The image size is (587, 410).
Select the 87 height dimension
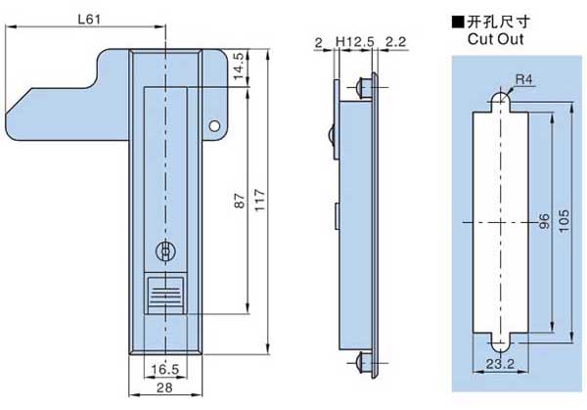[x=238, y=201]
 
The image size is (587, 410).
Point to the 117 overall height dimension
[x=260, y=201]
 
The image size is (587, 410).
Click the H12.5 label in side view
[x=354, y=41]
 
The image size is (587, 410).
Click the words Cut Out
[x=495, y=40]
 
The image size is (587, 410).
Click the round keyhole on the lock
[x=167, y=251]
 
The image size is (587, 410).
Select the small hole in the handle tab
[x=215, y=124]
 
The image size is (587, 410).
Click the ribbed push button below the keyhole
[x=167, y=294]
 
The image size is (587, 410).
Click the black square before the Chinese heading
[x=456, y=21]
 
